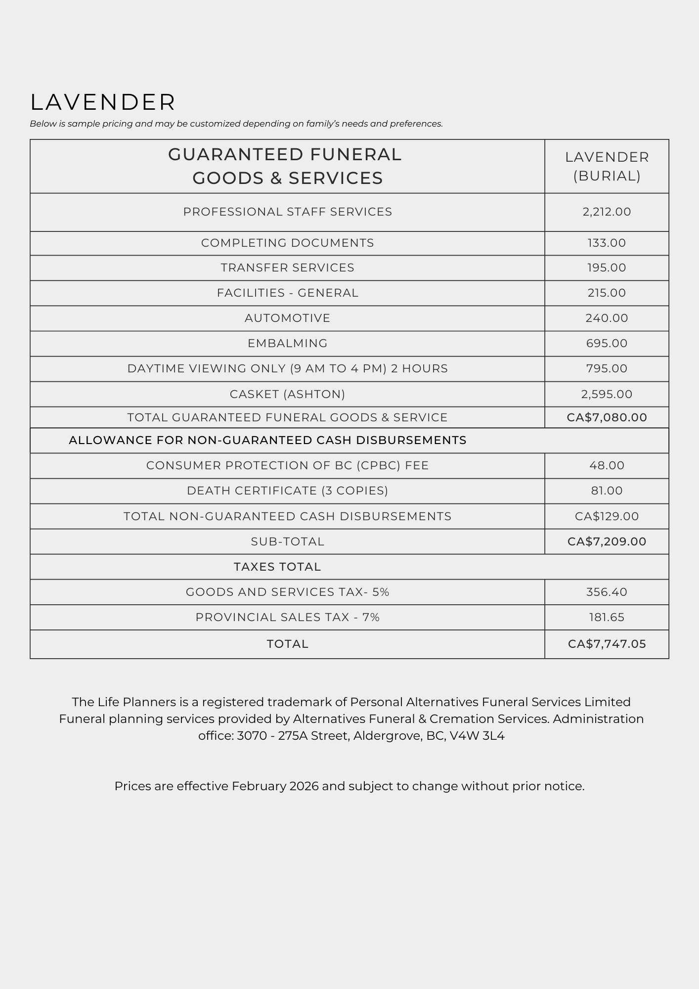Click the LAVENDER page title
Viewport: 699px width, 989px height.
(103, 102)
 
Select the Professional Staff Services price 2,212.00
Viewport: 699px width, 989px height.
(607, 212)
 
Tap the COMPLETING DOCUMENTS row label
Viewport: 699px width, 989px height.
(287, 243)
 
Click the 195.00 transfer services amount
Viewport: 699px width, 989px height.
(607, 268)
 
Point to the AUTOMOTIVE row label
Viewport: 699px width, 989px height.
(287, 318)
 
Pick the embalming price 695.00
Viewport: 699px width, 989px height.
(607, 343)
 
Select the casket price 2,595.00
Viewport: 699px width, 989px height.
(607, 394)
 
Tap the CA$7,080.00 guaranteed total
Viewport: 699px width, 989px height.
(607, 417)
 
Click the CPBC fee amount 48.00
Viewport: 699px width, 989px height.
(607, 465)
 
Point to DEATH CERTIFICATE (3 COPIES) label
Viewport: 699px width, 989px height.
(287, 491)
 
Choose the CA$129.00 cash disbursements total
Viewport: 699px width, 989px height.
(607, 516)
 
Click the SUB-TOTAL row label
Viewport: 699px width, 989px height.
(287, 541)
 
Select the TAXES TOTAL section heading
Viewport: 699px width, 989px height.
(277, 567)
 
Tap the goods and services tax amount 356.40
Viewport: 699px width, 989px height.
(607, 592)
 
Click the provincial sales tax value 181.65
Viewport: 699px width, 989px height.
(607, 617)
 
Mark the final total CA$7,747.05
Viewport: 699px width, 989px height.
(607, 644)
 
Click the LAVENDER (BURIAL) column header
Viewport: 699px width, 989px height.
(607, 166)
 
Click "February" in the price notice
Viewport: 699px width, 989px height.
(259, 786)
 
